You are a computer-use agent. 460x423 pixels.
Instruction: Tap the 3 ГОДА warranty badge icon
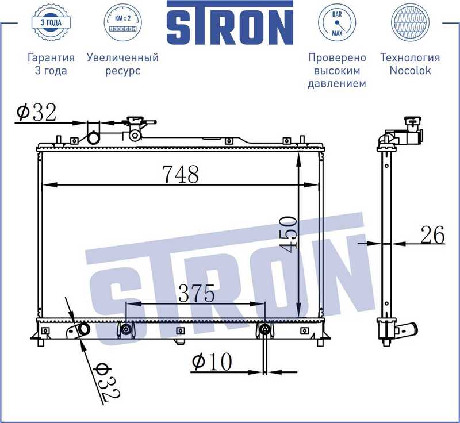pyautogui.click(x=51, y=24)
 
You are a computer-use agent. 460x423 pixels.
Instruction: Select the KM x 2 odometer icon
pyautogui.click(x=122, y=24)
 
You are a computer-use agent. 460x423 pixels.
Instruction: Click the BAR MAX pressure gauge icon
pyautogui.click(x=337, y=24)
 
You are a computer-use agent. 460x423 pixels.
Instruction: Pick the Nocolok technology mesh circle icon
pyautogui.click(x=409, y=24)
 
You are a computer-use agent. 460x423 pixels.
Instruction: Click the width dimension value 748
pyautogui.click(x=180, y=174)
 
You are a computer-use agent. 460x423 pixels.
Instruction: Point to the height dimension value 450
pyautogui.click(x=289, y=233)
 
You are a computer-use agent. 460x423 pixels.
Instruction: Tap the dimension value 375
pyautogui.click(x=196, y=294)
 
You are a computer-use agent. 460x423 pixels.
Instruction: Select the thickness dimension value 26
pyautogui.click(x=432, y=235)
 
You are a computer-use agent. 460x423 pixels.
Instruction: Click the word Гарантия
pyautogui.click(x=51, y=57)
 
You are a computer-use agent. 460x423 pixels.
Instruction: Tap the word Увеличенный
pyautogui.click(x=122, y=57)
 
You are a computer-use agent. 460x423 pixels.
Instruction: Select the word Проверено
pyautogui.click(x=337, y=57)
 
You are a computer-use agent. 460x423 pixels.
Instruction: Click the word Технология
pyautogui.click(x=409, y=57)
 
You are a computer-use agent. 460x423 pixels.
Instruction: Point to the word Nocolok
pyautogui.click(x=409, y=71)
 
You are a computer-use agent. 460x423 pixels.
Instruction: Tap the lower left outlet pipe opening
pyautogui.click(x=84, y=330)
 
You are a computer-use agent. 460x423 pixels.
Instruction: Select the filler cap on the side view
pyautogui.click(x=412, y=122)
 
